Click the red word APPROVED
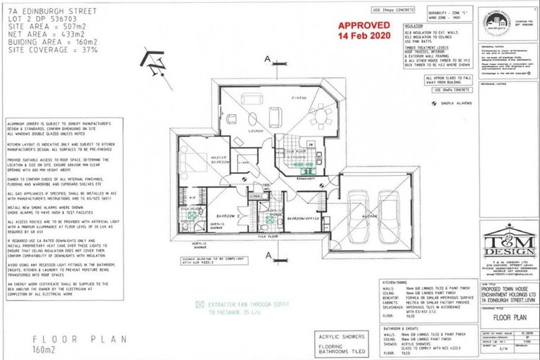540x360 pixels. [363, 23]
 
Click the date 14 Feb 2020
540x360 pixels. [363, 35]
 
